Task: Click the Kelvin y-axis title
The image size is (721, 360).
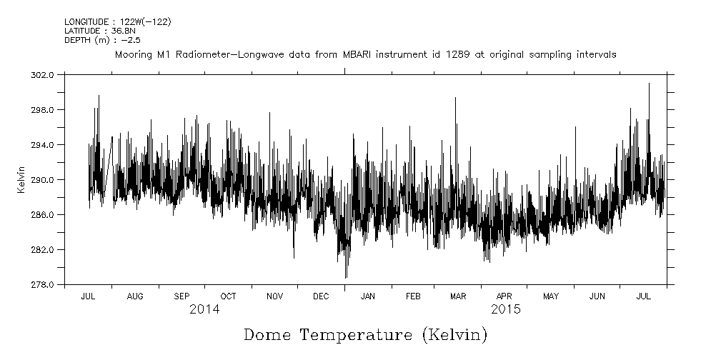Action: pos(21,179)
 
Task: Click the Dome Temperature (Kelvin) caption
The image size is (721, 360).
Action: pos(365,334)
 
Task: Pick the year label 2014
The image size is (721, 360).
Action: pos(204,310)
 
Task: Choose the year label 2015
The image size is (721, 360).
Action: pos(505,310)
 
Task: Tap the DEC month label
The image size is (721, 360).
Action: pos(321,296)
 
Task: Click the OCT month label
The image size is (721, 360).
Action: pos(228,296)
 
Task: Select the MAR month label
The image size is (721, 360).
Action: pos(458,296)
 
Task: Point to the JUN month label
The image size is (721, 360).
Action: pos(597,296)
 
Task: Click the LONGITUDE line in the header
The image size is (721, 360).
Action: pos(117,22)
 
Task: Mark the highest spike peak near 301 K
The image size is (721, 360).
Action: pos(649,84)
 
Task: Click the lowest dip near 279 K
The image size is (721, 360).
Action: pos(346,277)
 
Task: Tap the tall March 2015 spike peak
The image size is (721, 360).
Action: pos(455,98)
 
